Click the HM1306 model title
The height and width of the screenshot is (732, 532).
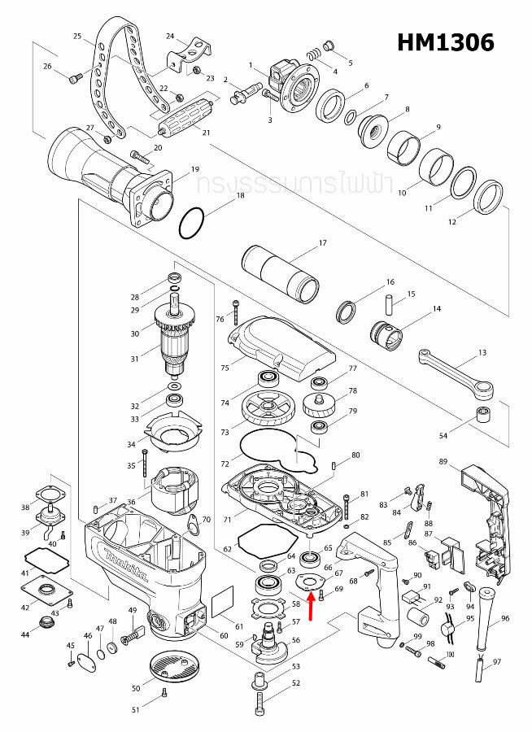pos(446,42)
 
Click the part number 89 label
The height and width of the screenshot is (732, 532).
pos(443,462)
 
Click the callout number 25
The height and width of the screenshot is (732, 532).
pos(77,37)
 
